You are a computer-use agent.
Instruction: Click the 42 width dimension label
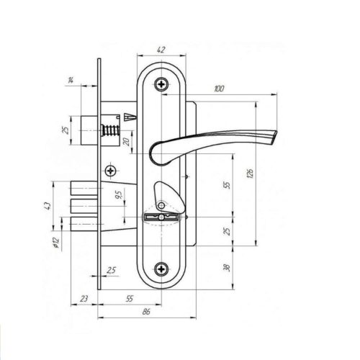coord(161,50)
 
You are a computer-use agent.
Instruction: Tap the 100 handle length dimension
coord(219,89)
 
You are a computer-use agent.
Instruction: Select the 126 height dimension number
coord(250,174)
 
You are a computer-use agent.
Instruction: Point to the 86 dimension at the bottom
coord(146,312)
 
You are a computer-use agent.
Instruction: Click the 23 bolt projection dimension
coord(84,299)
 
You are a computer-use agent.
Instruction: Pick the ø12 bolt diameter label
coord(55,243)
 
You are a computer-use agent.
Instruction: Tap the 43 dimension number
coord(48,206)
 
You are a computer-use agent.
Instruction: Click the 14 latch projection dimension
coord(71,81)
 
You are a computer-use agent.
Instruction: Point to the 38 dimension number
coord(227,268)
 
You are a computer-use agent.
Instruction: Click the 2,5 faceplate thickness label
coord(111,271)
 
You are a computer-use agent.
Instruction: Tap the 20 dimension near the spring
coord(127,142)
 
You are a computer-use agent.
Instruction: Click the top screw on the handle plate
coord(161,84)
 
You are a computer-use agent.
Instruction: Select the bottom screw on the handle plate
coord(161,269)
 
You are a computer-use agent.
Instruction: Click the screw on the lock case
coord(111,171)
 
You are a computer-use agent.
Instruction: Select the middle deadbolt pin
coord(84,206)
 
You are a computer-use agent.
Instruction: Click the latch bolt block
coord(89,131)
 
